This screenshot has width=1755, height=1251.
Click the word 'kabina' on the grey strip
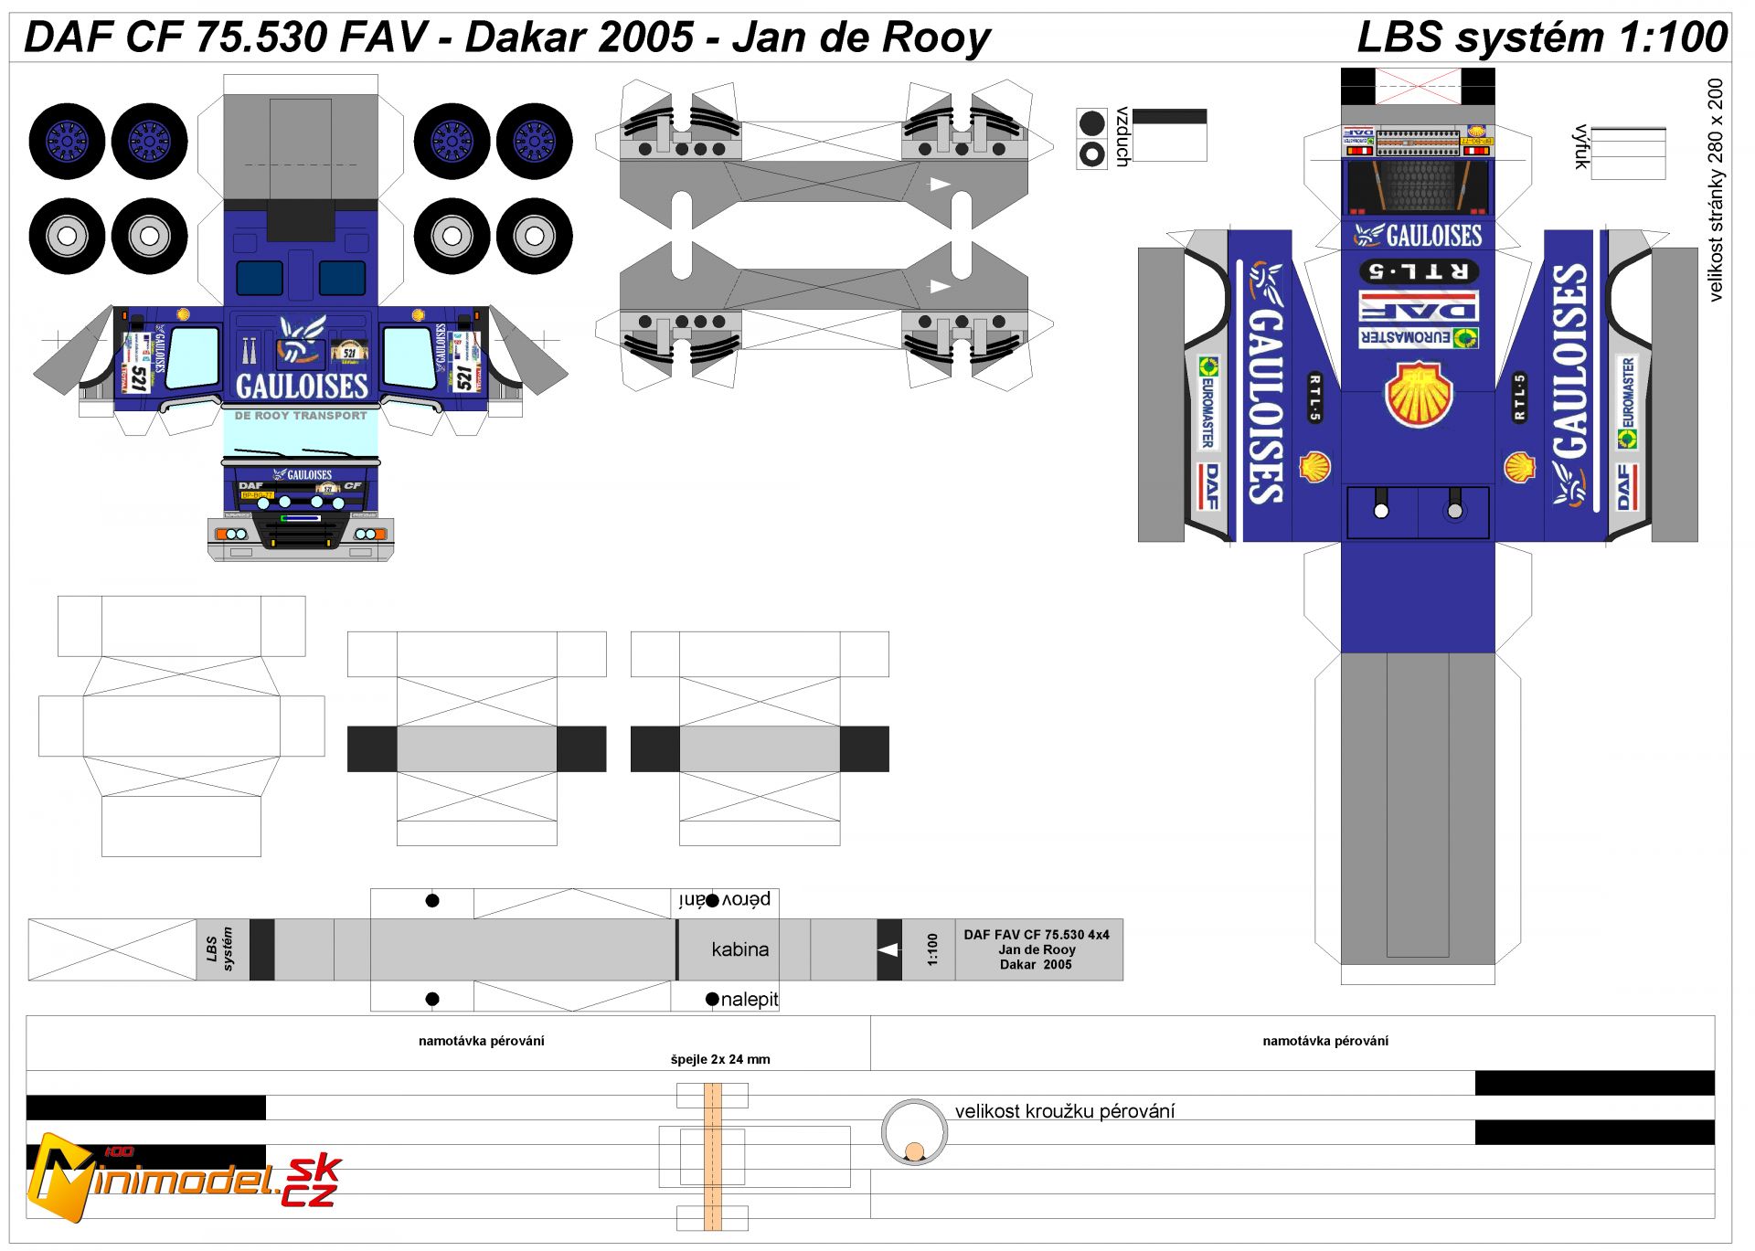(739, 949)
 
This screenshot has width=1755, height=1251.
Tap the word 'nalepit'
(749, 999)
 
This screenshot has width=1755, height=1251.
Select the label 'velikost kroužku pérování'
(1064, 1111)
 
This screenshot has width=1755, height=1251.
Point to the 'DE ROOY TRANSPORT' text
(301, 416)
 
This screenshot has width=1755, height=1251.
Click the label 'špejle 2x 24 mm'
(719, 1059)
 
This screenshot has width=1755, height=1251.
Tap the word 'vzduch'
(1123, 137)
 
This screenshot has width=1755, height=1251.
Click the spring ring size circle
(914, 1131)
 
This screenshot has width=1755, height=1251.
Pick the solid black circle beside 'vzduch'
(1091, 122)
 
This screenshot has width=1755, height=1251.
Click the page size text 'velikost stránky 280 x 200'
(1715, 190)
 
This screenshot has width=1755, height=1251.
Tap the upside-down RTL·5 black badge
(1418, 271)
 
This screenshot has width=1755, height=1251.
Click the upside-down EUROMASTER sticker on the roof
(1418, 338)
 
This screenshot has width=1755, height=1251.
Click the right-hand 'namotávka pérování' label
(1324, 1041)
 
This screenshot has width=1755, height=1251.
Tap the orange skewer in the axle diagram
(712, 1156)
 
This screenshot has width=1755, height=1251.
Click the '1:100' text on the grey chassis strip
(931, 949)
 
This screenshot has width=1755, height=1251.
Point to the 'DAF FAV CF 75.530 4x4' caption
(1036, 935)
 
